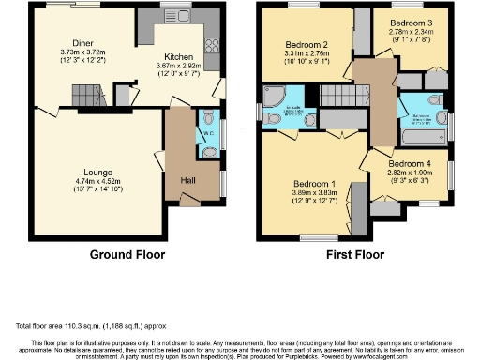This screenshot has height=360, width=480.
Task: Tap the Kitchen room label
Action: tap(178, 55)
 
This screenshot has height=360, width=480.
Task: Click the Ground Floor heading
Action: tap(127, 254)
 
